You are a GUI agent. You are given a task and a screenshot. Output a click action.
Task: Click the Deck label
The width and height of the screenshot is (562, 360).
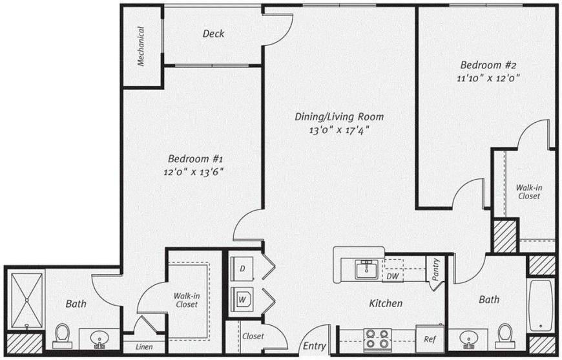(x=213, y=34)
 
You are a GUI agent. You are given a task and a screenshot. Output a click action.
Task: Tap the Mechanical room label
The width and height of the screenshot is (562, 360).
(x=141, y=47)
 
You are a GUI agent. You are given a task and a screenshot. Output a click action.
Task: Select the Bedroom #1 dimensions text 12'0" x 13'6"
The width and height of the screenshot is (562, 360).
(x=194, y=172)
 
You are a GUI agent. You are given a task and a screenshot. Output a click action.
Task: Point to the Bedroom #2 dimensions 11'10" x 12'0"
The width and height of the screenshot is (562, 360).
(x=488, y=78)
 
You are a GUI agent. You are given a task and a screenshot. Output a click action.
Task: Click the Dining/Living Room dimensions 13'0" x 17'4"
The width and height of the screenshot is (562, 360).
(x=339, y=130)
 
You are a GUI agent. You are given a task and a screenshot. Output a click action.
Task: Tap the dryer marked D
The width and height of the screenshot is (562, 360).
(x=242, y=269)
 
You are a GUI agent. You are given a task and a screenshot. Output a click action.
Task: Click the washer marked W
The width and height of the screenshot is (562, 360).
(x=242, y=299)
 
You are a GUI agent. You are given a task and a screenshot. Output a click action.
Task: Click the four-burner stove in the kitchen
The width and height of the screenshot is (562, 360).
(x=377, y=339)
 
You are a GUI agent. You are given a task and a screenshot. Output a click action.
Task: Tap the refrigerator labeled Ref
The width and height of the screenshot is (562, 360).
(x=430, y=339)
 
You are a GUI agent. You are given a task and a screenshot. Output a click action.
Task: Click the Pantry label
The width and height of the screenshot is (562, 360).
(x=435, y=270)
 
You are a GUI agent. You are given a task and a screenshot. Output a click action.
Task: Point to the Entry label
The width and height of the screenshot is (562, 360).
(x=315, y=346)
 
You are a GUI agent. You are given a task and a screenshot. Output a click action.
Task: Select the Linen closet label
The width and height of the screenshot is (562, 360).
(x=144, y=346)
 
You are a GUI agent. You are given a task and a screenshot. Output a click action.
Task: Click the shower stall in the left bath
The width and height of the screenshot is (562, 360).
(x=26, y=301)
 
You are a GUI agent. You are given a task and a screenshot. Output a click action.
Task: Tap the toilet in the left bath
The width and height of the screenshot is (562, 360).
(x=63, y=336)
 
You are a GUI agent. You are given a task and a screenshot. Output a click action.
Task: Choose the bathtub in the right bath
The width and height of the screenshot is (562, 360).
(x=541, y=306)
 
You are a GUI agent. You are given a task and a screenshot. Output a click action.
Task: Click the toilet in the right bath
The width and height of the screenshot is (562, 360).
(x=505, y=336)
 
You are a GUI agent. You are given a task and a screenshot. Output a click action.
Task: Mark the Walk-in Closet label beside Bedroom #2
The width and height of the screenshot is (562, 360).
(x=529, y=192)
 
